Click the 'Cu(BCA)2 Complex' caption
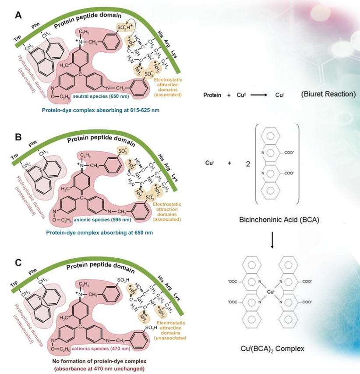272,349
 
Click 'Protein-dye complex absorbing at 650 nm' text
99,231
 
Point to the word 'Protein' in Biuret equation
213,94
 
